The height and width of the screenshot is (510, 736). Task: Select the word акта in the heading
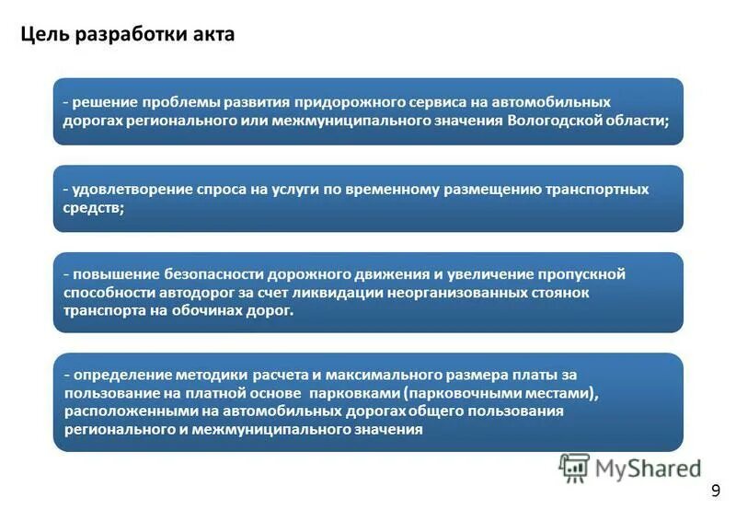pos(214,35)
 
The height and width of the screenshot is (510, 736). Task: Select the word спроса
pos(220,190)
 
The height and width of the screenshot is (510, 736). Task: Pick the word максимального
pos(368,376)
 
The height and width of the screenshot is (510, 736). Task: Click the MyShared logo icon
pos(574,468)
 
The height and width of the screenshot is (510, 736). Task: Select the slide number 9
pos(717,490)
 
